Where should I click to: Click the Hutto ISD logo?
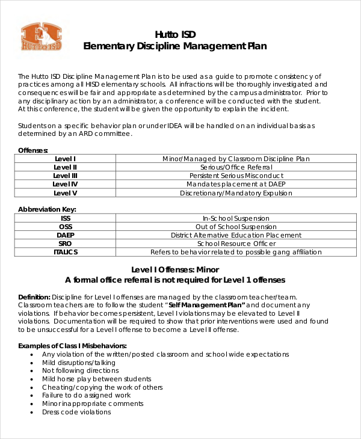click(x=42, y=37)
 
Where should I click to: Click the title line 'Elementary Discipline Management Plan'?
click(x=174, y=46)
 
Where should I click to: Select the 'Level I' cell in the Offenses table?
click(x=65, y=159)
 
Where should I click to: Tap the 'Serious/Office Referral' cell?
click(x=236, y=167)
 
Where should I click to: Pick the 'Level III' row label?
click(x=65, y=176)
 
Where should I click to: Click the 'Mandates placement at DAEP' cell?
click(x=236, y=184)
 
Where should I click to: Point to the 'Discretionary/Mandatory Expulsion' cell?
click(x=236, y=193)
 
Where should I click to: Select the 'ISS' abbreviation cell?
click(x=65, y=218)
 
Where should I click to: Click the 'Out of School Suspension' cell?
click(x=236, y=227)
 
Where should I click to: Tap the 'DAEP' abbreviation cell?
click(x=65, y=235)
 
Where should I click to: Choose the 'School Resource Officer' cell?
click(x=236, y=244)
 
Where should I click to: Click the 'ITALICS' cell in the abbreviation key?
click(x=65, y=252)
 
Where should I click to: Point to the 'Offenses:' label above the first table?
click(x=33, y=150)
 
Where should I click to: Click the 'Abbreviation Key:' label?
click(x=47, y=209)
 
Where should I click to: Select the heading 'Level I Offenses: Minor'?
click(x=174, y=269)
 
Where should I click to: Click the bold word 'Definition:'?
click(x=34, y=297)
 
